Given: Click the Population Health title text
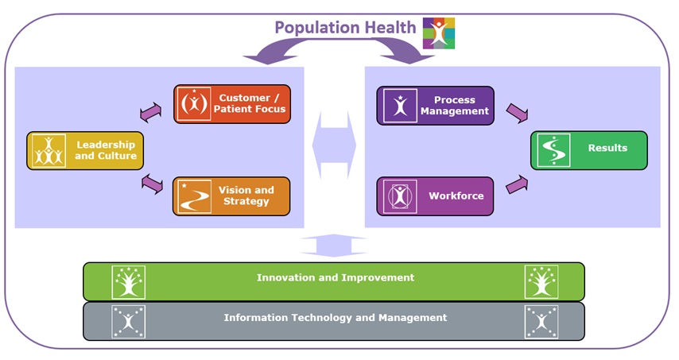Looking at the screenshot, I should [x=345, y=27].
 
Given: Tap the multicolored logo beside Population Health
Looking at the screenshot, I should [x=439, y=33].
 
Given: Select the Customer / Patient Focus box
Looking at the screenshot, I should [x=232, y=104].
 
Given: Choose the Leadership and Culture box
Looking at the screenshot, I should [x=85, y=150].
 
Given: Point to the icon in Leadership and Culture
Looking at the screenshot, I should [x=48, y=150].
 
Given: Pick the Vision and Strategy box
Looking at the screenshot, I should [x=231, y=196].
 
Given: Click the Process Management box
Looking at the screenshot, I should [x=435, y=106].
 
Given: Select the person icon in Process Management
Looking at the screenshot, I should [x=399, y=106].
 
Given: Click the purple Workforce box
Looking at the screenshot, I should [x=435, y=196].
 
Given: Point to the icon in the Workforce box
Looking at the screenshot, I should [x=399, y=196].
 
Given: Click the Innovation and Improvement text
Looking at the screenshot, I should [x=335, y=278].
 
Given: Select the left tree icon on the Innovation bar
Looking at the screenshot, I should [x=128, y=281].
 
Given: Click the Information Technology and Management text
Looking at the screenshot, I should [x=335, y=318].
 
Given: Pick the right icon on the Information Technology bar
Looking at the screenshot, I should [x=541, y=321].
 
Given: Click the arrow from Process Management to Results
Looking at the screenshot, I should [x=517, y=114].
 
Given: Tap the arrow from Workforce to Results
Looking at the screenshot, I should [x=517, y=185].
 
